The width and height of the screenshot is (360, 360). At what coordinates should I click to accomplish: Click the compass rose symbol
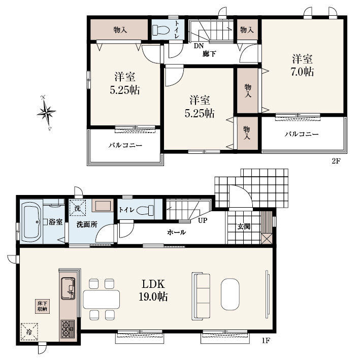[46, 113]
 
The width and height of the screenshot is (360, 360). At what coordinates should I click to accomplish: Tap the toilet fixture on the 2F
[161, 30]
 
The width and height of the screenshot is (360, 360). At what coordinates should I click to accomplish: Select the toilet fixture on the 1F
[145, 210]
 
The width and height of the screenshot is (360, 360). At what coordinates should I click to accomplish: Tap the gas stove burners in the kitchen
[68, 329]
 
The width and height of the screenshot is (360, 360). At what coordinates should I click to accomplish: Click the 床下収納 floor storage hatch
[42, 306]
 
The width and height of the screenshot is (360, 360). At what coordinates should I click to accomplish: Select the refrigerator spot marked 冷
[29, 332]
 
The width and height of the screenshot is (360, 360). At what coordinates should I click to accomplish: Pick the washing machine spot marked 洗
[77, 208]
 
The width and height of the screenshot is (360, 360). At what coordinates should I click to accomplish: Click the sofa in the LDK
[201, 296]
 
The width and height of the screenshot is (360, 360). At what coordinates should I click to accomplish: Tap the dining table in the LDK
[102, 299]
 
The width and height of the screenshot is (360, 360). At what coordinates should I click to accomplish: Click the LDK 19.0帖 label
[153, 290]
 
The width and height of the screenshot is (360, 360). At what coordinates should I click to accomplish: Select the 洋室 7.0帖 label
[303, 66]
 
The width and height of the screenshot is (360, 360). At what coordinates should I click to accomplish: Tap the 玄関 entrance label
[244, 227]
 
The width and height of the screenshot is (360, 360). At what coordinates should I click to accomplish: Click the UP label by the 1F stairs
[203, 220]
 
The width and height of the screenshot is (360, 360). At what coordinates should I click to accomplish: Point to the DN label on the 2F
[199, 46]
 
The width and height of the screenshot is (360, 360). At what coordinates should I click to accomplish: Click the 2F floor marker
[336, 161]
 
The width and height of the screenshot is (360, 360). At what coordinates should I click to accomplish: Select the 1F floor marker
[266, 341]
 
